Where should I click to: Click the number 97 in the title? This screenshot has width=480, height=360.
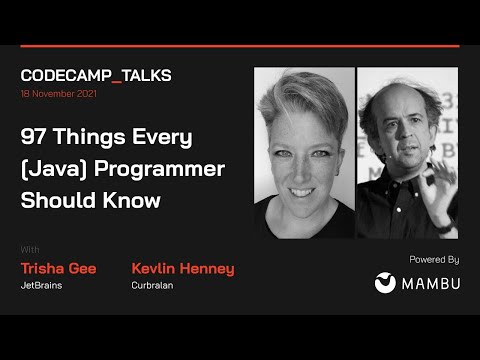(x=36, y=137)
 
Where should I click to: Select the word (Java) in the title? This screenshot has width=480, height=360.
(x=51, y=168)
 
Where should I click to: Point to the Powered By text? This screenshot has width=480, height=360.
(x=434, y=259)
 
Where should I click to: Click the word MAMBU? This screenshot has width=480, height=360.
(x=431, y=283)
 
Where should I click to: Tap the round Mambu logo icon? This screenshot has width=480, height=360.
(x=385, y=283)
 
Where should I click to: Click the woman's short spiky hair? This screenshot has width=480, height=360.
(x=300, y=95)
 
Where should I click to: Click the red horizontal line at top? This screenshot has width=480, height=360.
(x=240, y=46)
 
